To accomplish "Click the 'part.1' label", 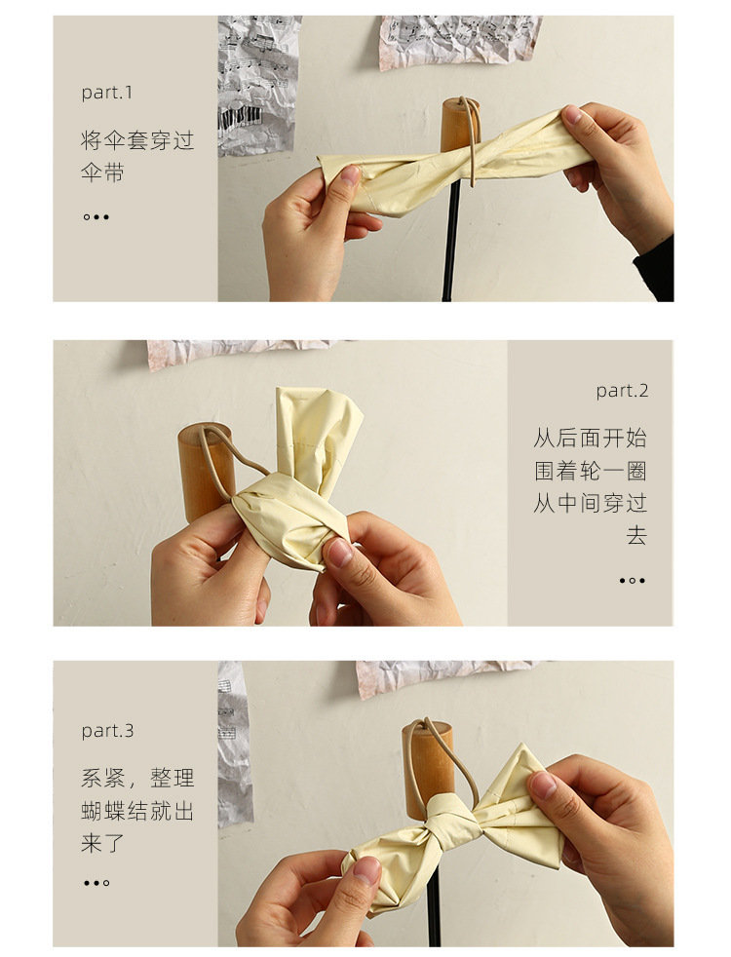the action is click(x=107, y=93).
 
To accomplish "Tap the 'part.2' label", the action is click(x=622, y=391).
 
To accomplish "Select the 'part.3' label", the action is click(x=107, y=731).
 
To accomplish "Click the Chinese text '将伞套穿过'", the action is click(x=137, y=140).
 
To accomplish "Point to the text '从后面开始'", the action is click(x=590, y=438).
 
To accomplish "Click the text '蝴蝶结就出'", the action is click(x=137, y=811).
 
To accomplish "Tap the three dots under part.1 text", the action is click(x=96, y=216).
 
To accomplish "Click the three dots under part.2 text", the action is click(x=633, y=581).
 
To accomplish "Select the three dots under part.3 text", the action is click(x=96, y=883).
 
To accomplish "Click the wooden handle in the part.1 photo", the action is click(x=459, y=125).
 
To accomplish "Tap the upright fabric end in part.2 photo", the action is click(x=317, y=440).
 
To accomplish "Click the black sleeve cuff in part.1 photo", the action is click(x=655, y=270).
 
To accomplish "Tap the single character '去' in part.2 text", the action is click(x=636, y=535).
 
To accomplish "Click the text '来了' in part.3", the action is click(x=102, y=844).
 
